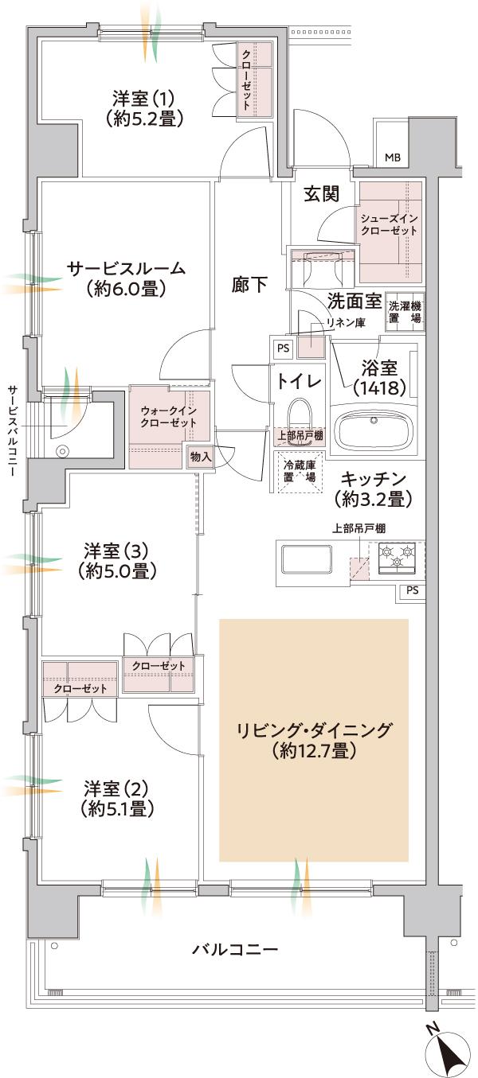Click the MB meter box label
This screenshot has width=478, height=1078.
[393, 157]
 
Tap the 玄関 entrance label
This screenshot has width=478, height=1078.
[322, 193]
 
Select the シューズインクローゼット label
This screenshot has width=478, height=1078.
[389, 224]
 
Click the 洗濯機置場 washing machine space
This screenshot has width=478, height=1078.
[405, 312]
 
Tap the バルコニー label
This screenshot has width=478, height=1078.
[234, 949]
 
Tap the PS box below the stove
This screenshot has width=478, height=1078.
[411, 590]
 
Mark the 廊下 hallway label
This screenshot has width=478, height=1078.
[250, 284]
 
